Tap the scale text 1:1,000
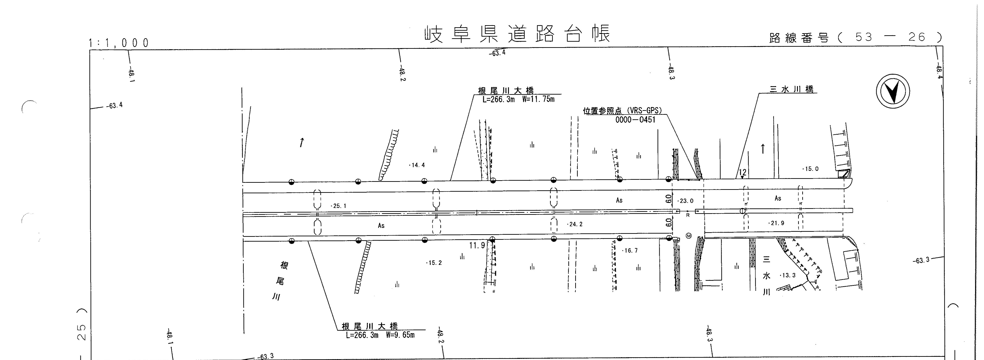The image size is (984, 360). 119,43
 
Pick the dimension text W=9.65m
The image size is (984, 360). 400,335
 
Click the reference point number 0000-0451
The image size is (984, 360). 635,120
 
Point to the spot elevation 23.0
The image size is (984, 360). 686,201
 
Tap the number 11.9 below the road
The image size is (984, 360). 477,245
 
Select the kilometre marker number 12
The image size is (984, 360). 742,172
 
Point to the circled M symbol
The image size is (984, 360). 689,236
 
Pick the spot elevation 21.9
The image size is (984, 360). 777,223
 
